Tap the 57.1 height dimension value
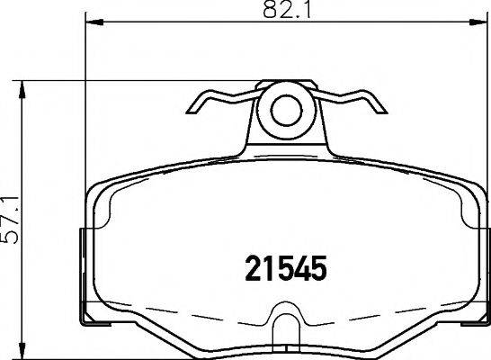click(13, 220)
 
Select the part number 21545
click(285, 267)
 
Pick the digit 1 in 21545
click(269, 267)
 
